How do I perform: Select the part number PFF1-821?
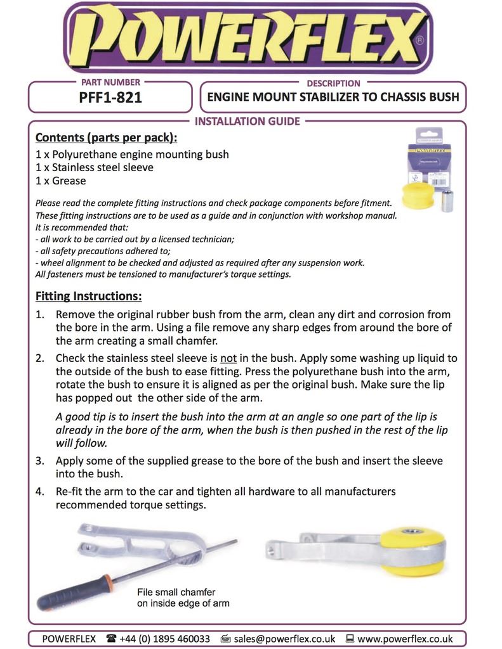111,98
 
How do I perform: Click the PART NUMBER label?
111,82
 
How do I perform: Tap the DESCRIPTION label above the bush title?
333,83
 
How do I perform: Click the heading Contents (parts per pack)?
106,138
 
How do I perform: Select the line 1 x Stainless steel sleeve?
95,167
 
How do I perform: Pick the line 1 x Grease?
60,181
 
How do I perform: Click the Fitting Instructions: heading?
88,296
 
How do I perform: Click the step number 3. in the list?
40,461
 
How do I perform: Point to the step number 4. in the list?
40,491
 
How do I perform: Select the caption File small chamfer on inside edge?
183,597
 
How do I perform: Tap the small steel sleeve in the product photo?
447,200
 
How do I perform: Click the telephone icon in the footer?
112,638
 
